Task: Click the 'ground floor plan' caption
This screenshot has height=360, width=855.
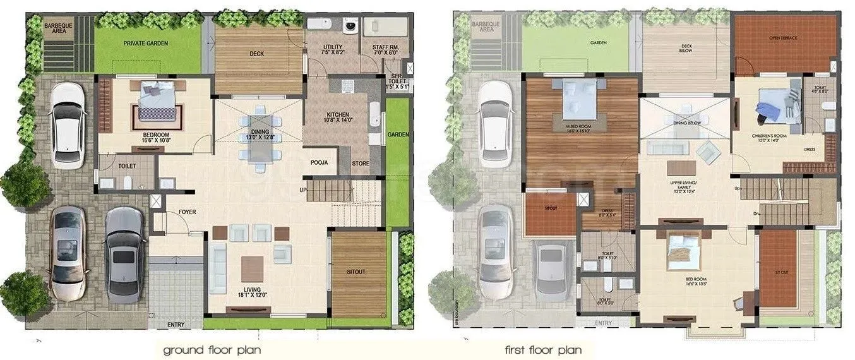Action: pyautogui.click(x=212, y=349)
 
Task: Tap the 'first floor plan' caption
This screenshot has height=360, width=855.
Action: pyautogui.click(x=543, y=349)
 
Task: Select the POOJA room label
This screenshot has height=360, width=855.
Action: pyautogui.click(x=319, y=162)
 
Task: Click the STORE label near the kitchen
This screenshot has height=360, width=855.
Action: pyautogui.click(x=361, y=163)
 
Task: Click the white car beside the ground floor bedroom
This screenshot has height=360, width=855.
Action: pyautogui.click(x=68, y=125)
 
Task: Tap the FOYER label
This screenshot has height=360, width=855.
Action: pyautogui.click(x=187, y=212)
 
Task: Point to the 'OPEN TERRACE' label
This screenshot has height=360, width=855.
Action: pyautogui.click(x=783, y=38)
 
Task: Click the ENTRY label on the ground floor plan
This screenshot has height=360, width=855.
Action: pyautogui.click(x=176, y=325)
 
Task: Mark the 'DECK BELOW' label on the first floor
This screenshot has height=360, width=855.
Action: pyautogui.click(x=685, y=48)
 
